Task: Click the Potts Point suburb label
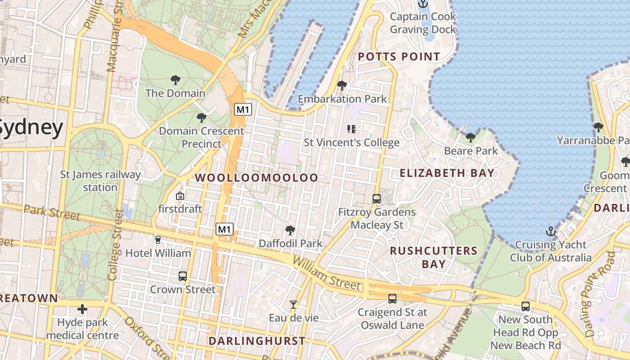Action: tap(399, 57)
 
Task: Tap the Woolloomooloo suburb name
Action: tap(256, 178)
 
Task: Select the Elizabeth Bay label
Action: tap(447, 173)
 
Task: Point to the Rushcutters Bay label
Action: tap(433, 257)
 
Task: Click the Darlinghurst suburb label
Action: tap(256, 341)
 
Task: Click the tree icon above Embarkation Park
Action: tap(342, 85)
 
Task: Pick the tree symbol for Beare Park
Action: tap(471, 137)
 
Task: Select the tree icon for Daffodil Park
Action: tap(290, 230)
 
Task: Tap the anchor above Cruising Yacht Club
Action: tap(551, 232)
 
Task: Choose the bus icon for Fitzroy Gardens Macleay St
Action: tap(377, 198)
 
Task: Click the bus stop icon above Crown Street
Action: tap(182, 276)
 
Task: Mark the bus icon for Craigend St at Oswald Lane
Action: tap(392, 298)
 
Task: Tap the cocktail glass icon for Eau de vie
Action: tap(293, 305)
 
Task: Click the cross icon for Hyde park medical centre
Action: tap(82, 309)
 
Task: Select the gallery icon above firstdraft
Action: tap(180, 196)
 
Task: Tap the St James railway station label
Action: tap(100, 180)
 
